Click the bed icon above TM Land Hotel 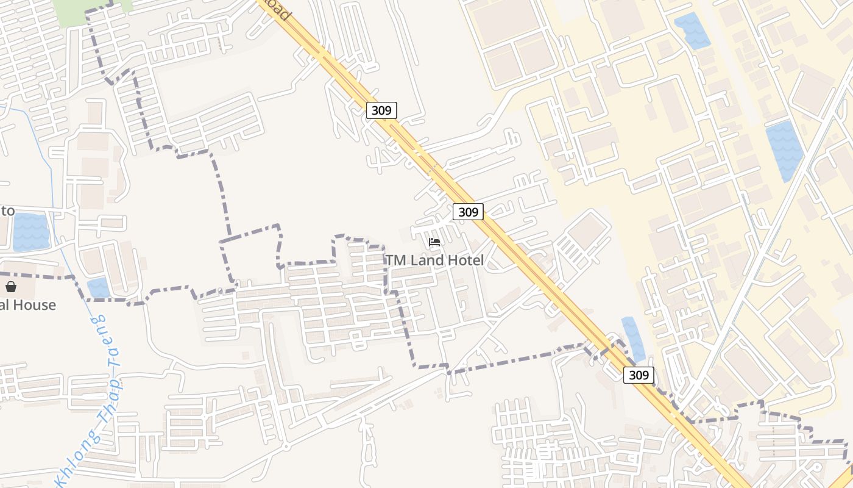434,242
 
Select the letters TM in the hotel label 394,260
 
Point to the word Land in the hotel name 426,260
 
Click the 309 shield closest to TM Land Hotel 468,212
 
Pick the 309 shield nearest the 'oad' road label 381,110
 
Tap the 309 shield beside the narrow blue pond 639,375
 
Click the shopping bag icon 11,287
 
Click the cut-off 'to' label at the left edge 7,211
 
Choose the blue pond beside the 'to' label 30,232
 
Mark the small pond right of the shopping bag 98,287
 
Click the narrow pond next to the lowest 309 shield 633,339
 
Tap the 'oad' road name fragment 278,10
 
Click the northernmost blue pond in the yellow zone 692,30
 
